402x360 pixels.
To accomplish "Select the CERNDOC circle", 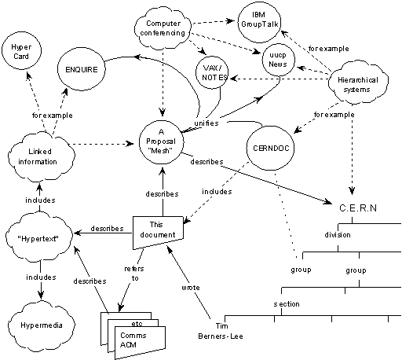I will point(269,146).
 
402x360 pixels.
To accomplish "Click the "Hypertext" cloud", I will point(39,235).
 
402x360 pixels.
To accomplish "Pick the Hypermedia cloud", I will point(39,322).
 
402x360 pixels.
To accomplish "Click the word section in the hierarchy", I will point(286,303).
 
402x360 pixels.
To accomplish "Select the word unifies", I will point(206,123).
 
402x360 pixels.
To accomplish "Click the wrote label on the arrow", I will point(191,287).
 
